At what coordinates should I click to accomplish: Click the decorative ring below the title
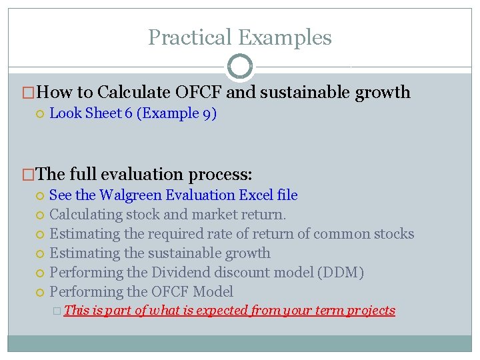point(240,67)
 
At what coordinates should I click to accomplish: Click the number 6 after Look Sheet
point(129,113)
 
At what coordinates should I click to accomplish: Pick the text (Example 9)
point(177,113)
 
